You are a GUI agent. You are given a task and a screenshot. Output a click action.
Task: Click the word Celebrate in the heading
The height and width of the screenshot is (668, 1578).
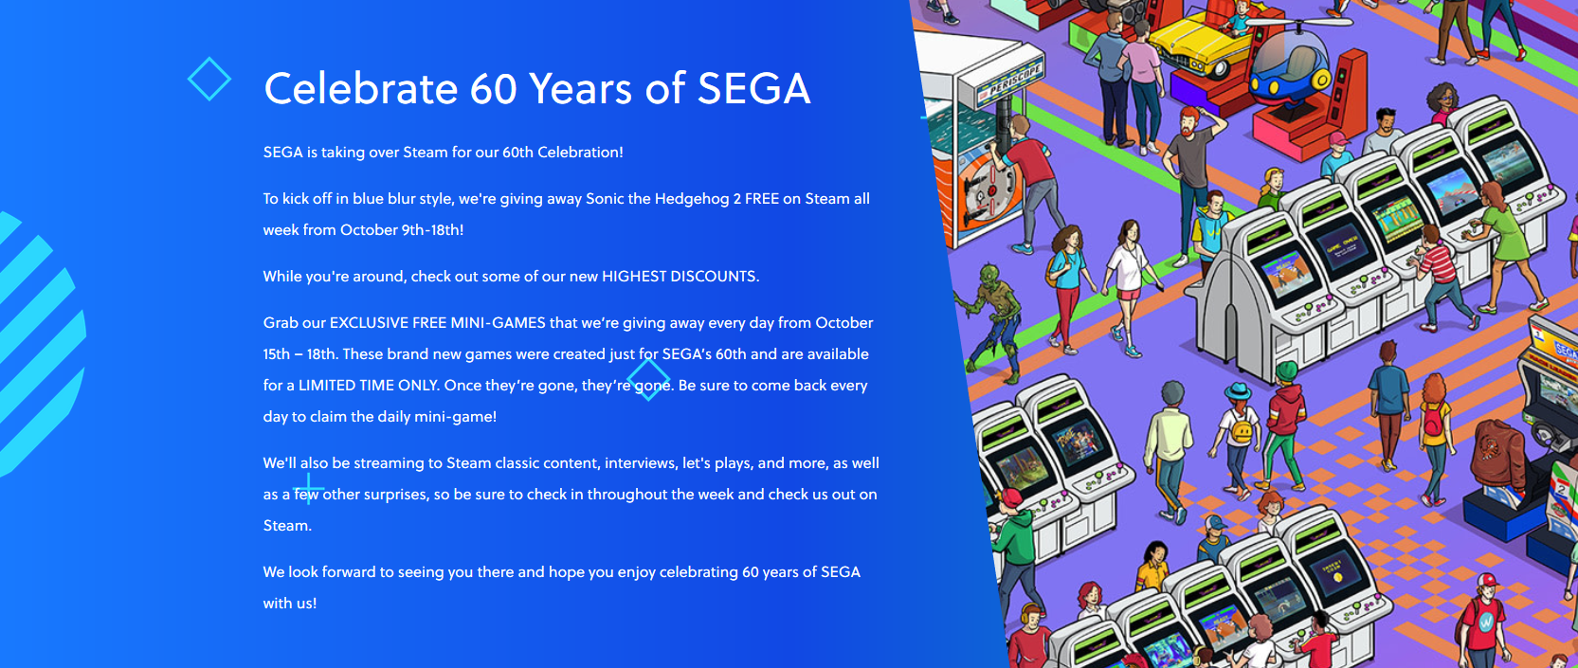(361, 88)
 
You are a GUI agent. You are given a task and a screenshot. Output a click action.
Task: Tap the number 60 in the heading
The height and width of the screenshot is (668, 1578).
(494, 89)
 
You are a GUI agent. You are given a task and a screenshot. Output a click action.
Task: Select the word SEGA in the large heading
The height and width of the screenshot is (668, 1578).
(753, 89)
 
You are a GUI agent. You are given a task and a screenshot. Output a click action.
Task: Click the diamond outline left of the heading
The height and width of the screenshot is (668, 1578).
(209, 79)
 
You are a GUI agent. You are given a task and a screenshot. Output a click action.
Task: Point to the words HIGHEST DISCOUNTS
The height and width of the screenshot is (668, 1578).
(680, 277)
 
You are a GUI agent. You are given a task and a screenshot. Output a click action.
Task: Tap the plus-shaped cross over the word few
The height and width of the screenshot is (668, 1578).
(309, 488)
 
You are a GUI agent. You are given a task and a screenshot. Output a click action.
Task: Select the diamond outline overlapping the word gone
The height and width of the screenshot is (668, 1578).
(648, 379)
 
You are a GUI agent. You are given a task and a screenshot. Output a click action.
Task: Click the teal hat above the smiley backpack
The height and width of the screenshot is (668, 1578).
(1238, 390)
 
